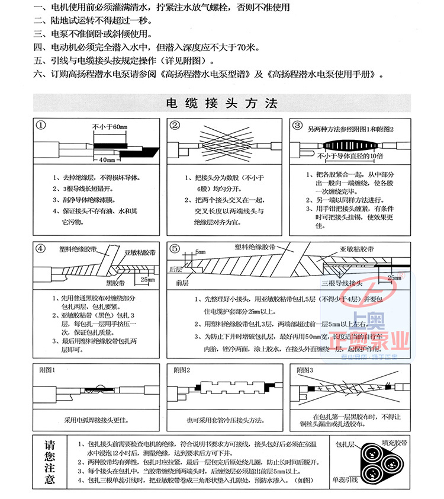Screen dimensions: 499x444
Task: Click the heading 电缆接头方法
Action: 222,104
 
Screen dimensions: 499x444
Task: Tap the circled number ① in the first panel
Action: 41,125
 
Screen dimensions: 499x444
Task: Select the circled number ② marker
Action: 175,125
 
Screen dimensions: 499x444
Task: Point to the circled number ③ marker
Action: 298,125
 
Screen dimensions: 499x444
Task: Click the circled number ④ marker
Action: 41,248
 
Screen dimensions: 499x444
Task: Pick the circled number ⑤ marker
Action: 175,248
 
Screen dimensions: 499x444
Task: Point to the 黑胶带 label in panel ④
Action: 115,282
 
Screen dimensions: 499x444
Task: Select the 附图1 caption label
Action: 47,370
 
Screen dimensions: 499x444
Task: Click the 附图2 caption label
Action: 182,370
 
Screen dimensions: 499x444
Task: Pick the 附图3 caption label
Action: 304,370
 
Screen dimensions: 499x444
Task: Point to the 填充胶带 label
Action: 394,442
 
